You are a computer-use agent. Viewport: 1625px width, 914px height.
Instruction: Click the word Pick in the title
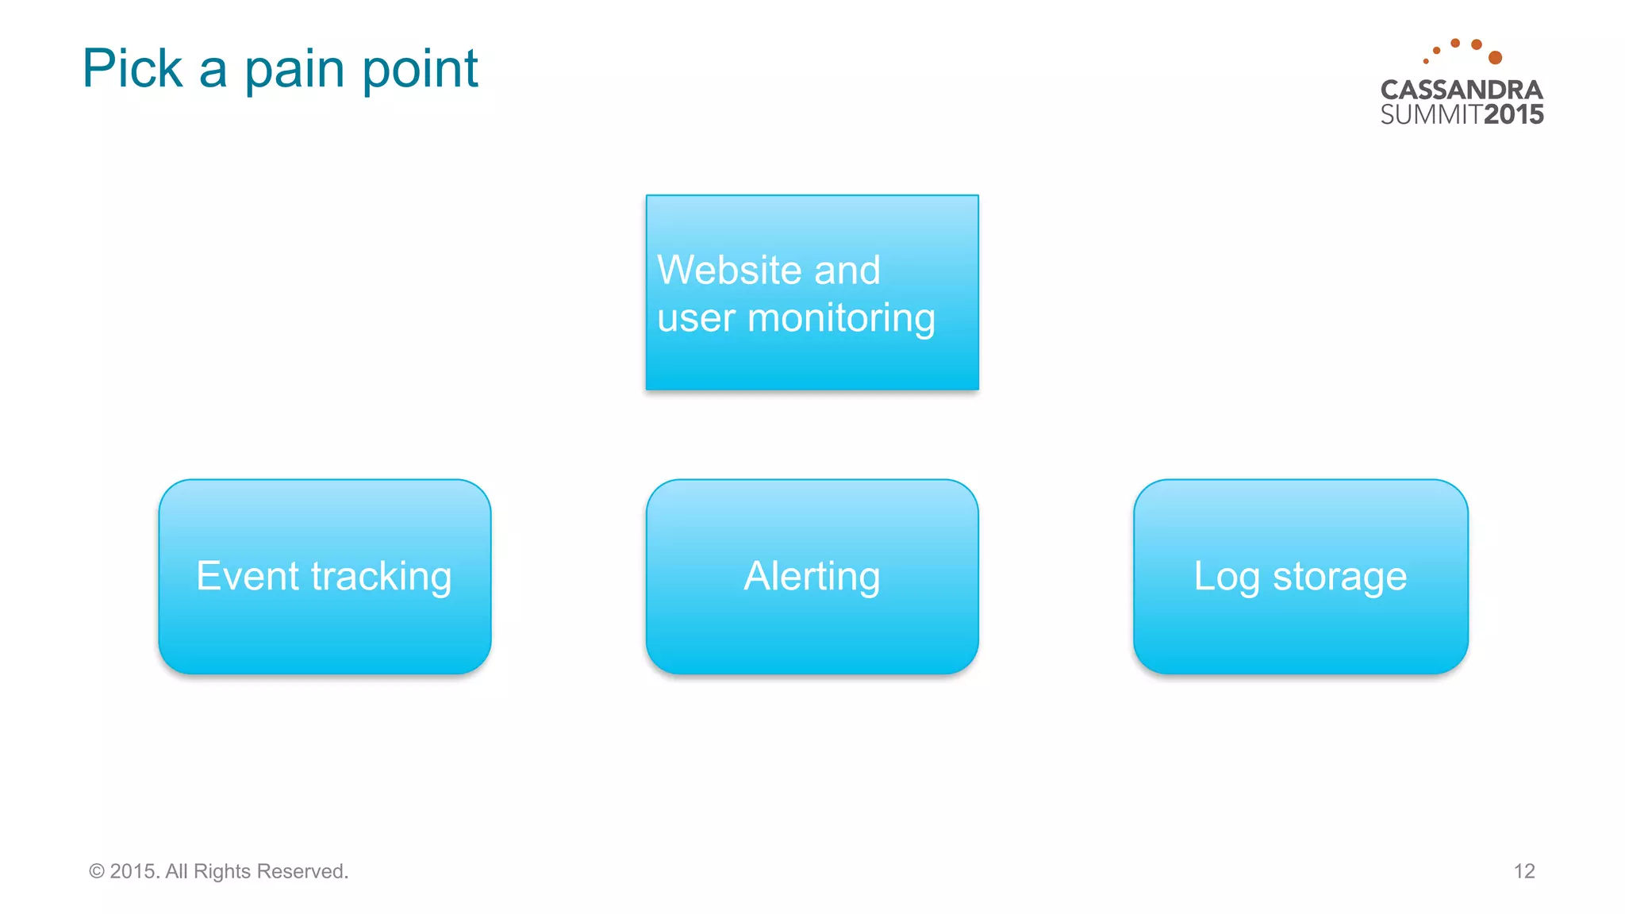(x=133, y=68)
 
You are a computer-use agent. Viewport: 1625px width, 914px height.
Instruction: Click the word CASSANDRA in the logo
(x=1462, y=90)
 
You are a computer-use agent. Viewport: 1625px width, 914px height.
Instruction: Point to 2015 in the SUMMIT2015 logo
(x=1514, y=115)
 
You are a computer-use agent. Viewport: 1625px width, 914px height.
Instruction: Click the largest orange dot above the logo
(x=1495, y=57)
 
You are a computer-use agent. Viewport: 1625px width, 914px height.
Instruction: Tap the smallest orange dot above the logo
(x=1426, y=61)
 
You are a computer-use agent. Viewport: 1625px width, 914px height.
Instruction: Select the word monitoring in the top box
(x=841, y=318)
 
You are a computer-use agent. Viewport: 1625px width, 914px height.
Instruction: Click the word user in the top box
(x=696, y=318)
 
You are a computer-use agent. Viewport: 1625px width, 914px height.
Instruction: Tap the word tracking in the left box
(x=381, y=578)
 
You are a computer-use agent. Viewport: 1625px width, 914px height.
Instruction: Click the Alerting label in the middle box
(x=812, y=577)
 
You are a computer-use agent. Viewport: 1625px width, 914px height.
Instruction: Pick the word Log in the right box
(x=1226, y=577)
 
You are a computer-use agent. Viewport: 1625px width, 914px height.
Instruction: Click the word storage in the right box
(x=1339, y=578)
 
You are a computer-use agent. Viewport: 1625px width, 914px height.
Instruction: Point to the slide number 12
(x=1523, y=871)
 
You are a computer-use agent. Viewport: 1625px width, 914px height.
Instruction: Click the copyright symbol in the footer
(x=97, y=871)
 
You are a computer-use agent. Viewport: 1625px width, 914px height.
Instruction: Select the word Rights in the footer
(x=222, y=871)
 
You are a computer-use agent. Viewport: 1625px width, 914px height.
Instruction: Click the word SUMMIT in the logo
(x=1431, y=115)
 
